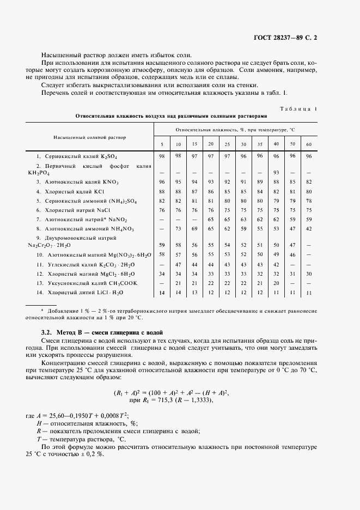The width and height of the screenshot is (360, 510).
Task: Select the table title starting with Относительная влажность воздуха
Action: tap(171, 116)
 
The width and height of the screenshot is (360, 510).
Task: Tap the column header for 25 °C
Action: tap(227, 144)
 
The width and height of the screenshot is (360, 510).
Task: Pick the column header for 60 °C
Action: tap(309, 144)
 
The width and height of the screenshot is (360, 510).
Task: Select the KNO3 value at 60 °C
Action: tap(309, 181)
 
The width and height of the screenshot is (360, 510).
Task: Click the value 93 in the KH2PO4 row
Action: tap(276, 173)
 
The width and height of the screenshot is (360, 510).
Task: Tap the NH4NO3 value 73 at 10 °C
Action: tap(178, 229)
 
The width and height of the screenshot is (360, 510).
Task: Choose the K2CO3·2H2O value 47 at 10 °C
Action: tap(178, 264)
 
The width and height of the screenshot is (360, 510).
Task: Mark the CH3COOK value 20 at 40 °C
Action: tap(276, 284)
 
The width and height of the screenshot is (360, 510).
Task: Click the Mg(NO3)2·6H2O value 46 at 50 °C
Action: tap(292, 254)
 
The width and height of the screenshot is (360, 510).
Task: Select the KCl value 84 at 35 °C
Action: tap(260, 191)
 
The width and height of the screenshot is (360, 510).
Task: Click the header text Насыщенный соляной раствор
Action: tap(89, 137)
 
